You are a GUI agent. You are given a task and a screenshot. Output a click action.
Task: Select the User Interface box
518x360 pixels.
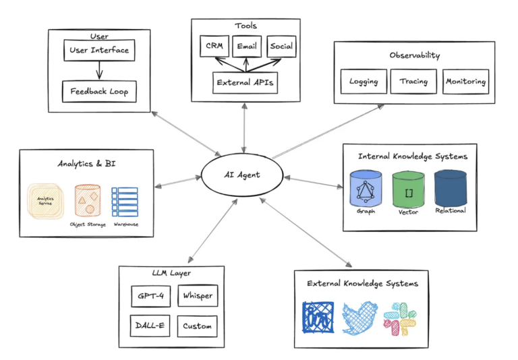pyautogui.click(x=98, y=50)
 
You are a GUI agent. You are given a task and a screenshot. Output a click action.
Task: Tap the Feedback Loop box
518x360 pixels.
pyautogui.click(x=98, y=91)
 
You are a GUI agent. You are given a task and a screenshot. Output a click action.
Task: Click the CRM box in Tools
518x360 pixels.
pyautogui.click(x=214, y=47)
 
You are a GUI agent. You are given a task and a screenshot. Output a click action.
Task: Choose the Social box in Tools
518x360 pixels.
pyautogui.click(x=281, y=47)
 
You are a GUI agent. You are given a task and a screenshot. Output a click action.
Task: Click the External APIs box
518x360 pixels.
pyautogui.click(x=244, y=83)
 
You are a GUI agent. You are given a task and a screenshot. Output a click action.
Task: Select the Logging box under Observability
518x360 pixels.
pyautogui.click(x=364, y=82)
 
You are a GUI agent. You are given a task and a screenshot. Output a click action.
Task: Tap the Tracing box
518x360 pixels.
pyautogui.click(x=413, y=82)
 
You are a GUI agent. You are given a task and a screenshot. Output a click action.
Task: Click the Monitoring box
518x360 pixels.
pyautogui.click(x=465, y=82)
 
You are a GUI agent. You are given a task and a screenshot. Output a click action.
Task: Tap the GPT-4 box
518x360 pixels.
pyautogui.click(x=150, y=296)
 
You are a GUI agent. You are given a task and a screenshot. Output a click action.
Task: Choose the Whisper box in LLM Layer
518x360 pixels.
pyautogui.click(x=198, y=296)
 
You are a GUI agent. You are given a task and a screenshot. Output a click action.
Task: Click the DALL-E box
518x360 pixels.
pyautogui.click(x=150, y=326)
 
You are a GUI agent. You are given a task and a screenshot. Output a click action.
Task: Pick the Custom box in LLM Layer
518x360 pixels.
pyautogui.click(x=198, y=326)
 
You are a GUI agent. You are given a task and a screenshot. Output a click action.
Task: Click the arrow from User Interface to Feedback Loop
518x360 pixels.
pyautogui.click(x=98, y=70)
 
